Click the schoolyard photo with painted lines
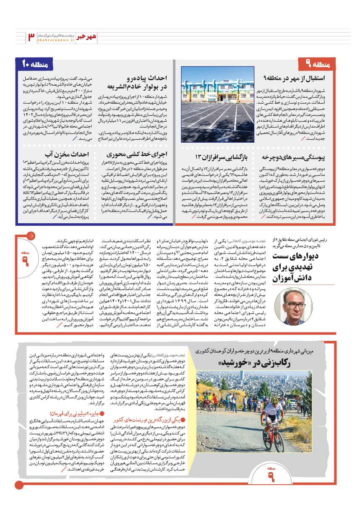coord(217,104)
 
